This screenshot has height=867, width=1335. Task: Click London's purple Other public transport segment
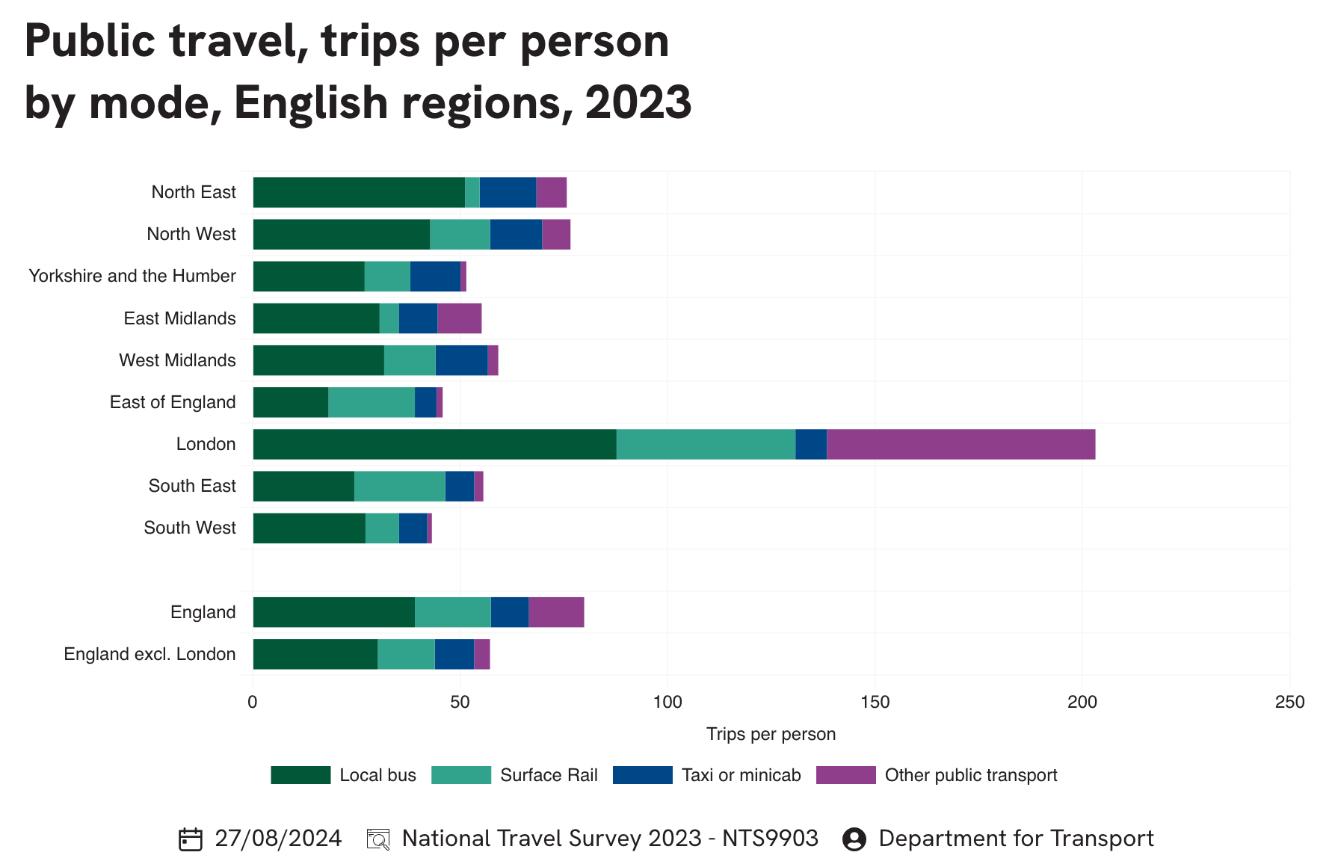[x=961, y=444]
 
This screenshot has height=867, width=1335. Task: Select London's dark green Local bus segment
[x=434, y=444]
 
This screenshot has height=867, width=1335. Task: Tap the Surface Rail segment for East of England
[x=371, y=402]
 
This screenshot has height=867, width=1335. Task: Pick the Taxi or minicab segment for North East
[x=508, y=192]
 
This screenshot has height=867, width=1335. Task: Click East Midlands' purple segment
[x=459, y=318]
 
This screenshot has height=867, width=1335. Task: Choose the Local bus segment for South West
[x=309, y=528]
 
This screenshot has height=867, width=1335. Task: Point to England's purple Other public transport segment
[x=556, y=612]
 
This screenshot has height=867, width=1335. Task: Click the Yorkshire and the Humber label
[x=132, y=276]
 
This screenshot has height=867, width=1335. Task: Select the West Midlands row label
[x=177, y=360]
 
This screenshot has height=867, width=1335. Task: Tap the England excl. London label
[x=149, y=654]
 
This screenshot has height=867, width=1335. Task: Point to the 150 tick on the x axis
[x=875, y=702]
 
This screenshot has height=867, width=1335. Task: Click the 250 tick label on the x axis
[x=1289, y=702]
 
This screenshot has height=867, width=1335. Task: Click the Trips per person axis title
[x=771, y=734]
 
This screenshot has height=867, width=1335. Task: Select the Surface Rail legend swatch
[x=461, y=775]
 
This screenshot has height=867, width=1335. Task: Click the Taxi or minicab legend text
[x=741, y=775]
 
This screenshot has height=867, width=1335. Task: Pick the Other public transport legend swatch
[x=845, y=775]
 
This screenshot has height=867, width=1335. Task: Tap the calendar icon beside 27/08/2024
[x=191, y=839]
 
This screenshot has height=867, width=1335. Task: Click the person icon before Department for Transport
[x=854, y=839]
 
